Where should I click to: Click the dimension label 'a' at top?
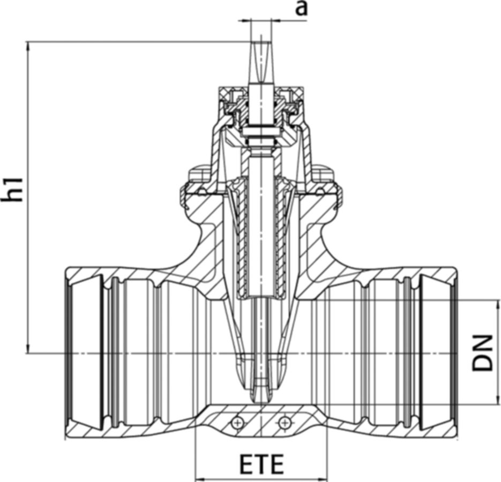pyautogui.click(x=301, y=9)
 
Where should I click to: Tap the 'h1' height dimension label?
pyautogui.click(x=12, y=190)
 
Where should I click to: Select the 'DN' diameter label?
pyautogui.click(x=482, y=352)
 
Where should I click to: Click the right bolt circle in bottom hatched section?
pyautogui.click(x=284, y=424)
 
